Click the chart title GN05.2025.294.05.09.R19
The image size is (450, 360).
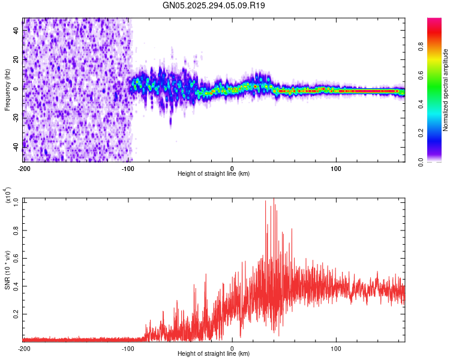(x=214, y=5)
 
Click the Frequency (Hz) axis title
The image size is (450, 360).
(x=7, y=89)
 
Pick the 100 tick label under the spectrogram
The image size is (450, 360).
(x=337, y=168)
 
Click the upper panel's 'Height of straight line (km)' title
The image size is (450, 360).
(x=214, y=174)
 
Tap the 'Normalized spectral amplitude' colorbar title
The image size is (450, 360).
(x=446, y=90)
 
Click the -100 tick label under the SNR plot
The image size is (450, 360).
(x=128, y=348)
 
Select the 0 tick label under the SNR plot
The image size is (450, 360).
(x=232, y=348)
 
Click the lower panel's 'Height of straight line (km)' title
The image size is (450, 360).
(x=214, y=354)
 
